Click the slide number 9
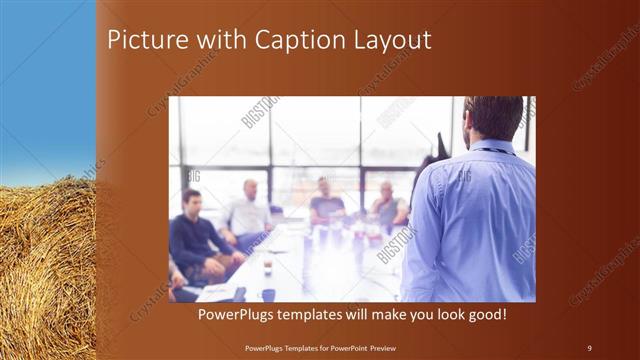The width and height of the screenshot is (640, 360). (589, 347)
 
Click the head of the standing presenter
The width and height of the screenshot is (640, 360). (492, 118)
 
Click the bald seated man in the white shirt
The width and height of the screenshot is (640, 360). (247, 213)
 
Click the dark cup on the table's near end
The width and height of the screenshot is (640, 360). (268, 293)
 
